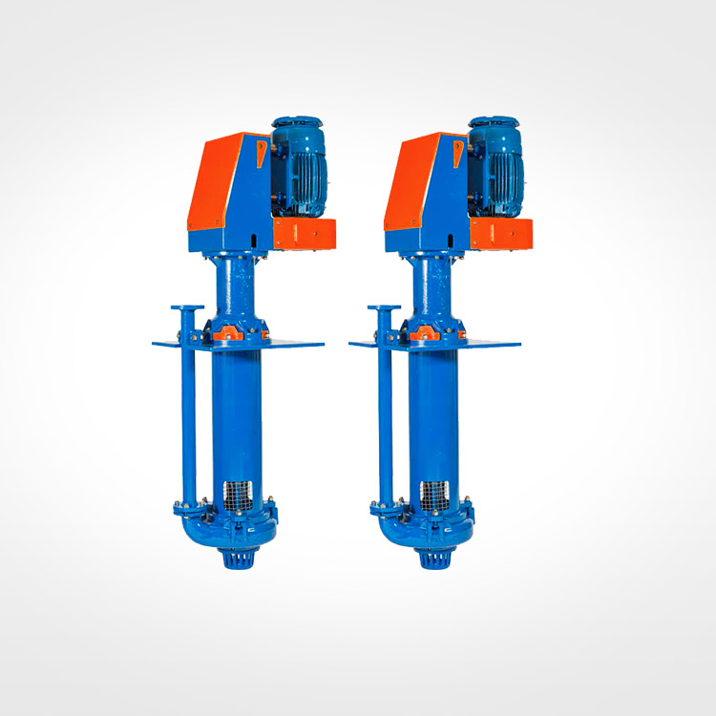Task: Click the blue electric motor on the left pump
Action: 300,168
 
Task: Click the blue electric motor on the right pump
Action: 496,168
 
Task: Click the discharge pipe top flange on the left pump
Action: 186,308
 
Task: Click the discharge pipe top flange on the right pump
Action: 384,308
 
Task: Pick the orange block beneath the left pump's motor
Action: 305,233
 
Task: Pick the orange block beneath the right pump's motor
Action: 502,233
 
